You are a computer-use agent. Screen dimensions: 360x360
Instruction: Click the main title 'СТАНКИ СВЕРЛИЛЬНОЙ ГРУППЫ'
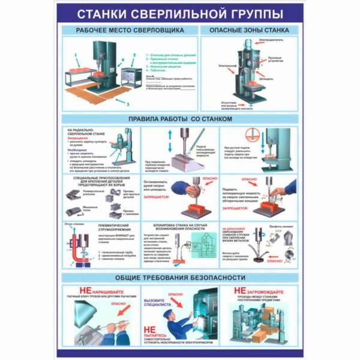180,13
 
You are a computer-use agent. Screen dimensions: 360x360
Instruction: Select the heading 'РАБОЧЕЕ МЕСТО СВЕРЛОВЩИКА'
129,29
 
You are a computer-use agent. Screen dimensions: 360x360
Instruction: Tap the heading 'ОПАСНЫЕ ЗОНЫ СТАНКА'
249,29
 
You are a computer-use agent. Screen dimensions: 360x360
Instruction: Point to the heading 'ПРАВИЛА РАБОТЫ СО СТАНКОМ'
181,119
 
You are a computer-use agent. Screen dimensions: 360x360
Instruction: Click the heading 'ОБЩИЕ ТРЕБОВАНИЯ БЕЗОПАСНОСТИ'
180,277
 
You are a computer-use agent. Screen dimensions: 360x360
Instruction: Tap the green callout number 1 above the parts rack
76,54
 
